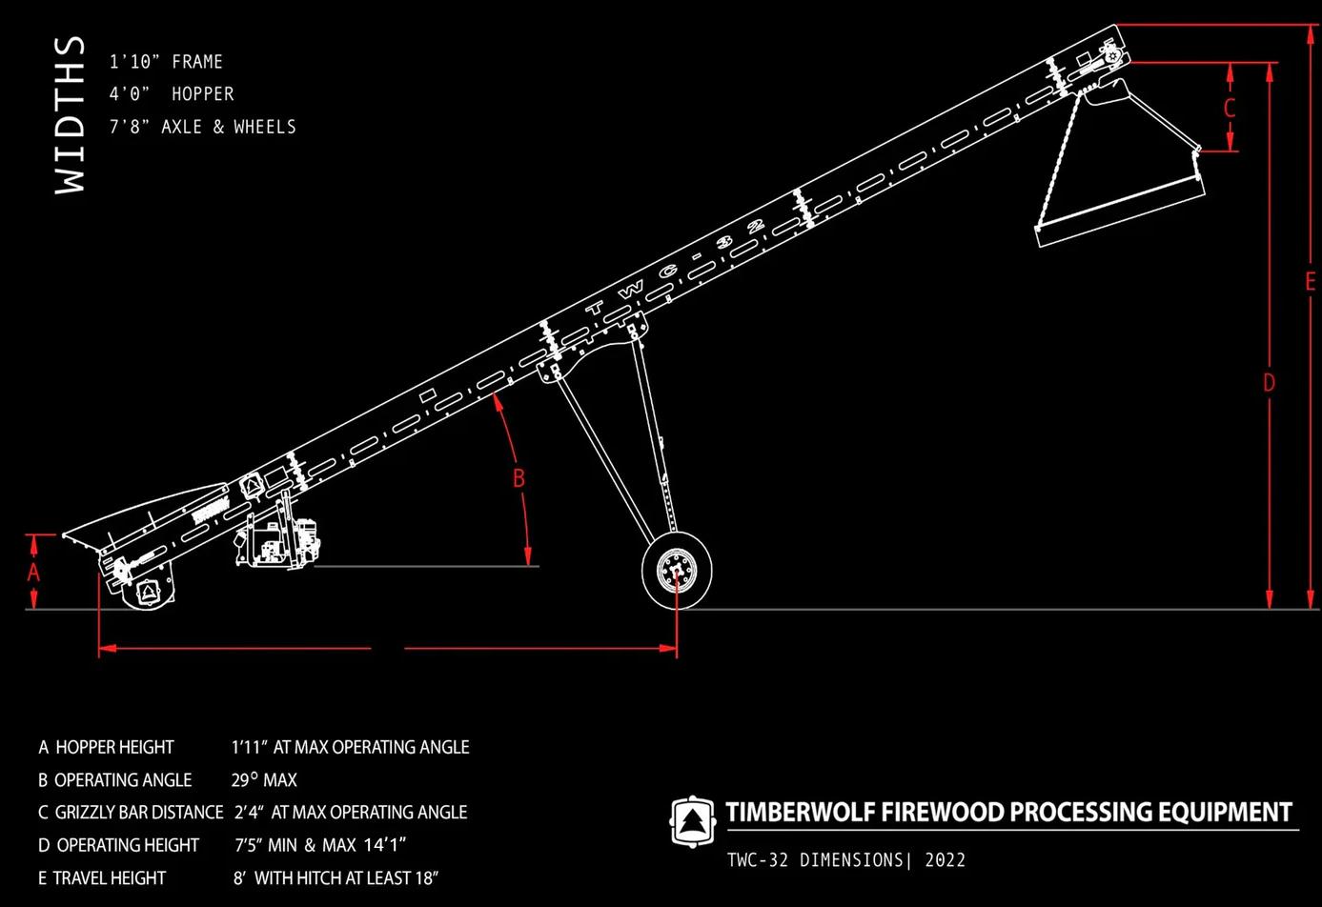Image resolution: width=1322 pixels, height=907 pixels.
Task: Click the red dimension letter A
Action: tap(33, 572)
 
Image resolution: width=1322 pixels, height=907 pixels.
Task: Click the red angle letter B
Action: tap(519, 477)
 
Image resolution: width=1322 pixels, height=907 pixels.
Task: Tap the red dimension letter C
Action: tap(1230, 108)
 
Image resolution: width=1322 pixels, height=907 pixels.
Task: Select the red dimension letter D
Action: tap(1269, 382)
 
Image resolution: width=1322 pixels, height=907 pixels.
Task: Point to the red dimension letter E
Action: tap(1311, 281)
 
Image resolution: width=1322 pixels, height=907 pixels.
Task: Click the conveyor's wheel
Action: tap(677, 571)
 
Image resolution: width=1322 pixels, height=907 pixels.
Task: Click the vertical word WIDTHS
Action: tap(70, 115)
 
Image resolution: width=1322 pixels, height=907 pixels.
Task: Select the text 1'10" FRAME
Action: tap(166, 62)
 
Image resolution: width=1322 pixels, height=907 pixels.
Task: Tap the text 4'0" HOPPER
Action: tap(172, 94)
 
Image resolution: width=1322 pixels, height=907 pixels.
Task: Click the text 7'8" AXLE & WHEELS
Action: tap(202, 127)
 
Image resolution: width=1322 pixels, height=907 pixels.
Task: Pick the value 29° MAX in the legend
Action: tap(264, 780)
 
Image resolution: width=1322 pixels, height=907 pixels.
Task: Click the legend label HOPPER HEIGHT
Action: tap(114, 747)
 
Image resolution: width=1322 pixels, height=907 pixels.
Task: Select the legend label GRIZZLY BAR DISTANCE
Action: tap(139, 813)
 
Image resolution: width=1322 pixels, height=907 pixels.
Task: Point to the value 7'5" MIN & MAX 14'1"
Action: tap(320, 845)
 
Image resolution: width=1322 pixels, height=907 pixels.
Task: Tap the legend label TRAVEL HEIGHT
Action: tap(110, 877)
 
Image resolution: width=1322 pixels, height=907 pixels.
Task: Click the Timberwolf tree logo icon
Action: tap(692, 820)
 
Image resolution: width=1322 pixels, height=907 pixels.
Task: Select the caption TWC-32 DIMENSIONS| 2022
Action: tap(846, 860)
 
